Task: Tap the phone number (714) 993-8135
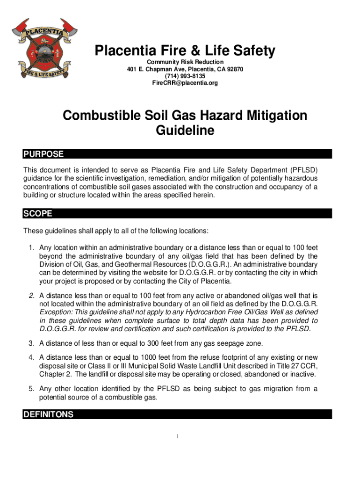coord(185,76)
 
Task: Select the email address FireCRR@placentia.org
coord(185,83)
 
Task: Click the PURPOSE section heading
coord(43,154)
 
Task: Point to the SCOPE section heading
coord(37,214)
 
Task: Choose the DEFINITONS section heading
coord(48,414)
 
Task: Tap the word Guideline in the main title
coord(185,131)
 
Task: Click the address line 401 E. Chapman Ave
coord(185,69)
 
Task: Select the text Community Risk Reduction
coord(185,62)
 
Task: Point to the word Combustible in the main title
coord(102,115)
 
